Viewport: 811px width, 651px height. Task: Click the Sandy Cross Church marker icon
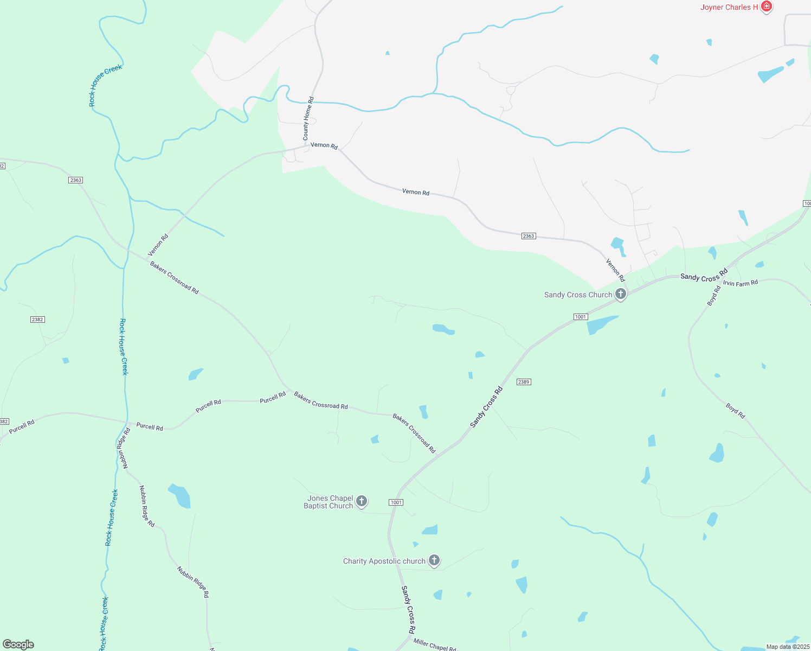point(621,294)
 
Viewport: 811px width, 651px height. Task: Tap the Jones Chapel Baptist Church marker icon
point(362,501)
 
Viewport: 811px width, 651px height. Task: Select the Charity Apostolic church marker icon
point(434,560)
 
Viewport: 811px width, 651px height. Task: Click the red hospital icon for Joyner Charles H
point(766,7)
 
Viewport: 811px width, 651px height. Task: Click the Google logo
point(18,644)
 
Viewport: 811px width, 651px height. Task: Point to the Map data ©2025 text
point(787,647)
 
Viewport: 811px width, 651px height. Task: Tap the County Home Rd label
point(308,119)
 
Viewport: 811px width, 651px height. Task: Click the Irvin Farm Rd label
point(740,283)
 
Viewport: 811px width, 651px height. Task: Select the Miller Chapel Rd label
point(435,645)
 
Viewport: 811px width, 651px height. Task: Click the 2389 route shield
point(523,382)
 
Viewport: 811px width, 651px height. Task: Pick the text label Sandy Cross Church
point(578,295)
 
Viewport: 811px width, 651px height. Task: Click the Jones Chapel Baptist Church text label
point(329,502)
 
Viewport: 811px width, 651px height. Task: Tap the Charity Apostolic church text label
point(384,561)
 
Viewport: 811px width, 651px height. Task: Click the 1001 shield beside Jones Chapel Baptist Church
point(396,502)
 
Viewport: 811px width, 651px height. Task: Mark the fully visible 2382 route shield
point(37,320)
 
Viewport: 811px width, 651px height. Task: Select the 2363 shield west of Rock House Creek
point(76,180)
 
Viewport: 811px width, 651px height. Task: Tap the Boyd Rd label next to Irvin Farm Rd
point(714,296)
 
